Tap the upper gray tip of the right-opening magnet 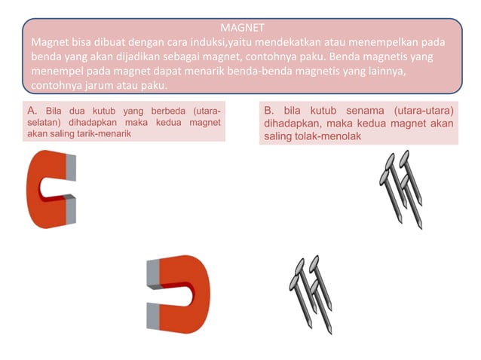click(x=71, y=168)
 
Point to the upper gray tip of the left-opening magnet click(x=154, y=271)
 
